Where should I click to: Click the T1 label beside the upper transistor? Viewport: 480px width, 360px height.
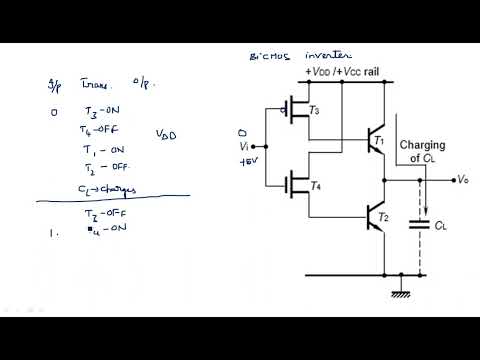(377, 142)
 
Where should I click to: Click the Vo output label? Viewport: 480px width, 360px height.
(461, 180)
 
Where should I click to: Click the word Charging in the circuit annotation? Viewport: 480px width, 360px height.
(422, 146)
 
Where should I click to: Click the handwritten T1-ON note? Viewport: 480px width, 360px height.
(100, 149)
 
